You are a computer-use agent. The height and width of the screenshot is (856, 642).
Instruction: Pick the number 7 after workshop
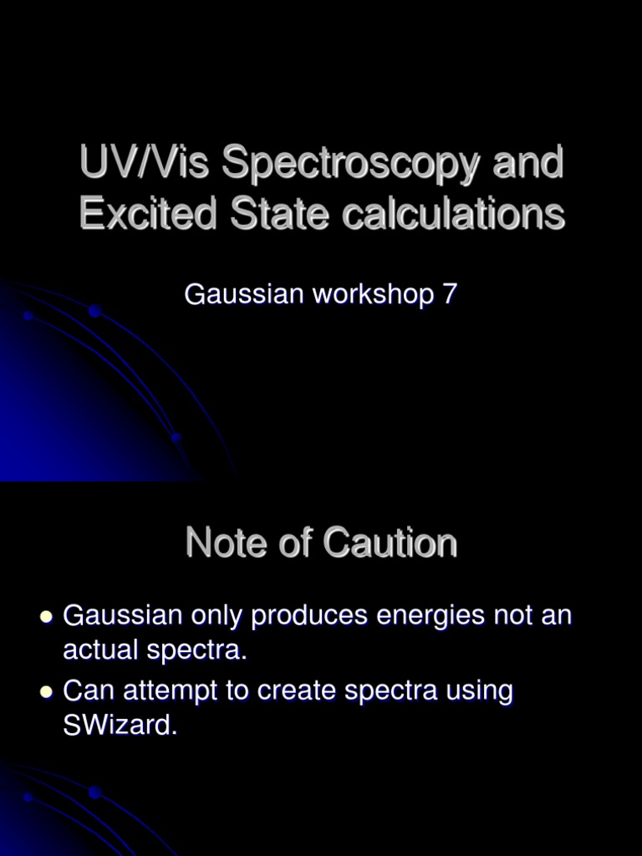[449, 294]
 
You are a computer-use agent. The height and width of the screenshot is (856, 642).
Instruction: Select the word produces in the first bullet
[310, 617]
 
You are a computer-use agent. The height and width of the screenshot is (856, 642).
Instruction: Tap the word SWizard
[120, 726]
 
